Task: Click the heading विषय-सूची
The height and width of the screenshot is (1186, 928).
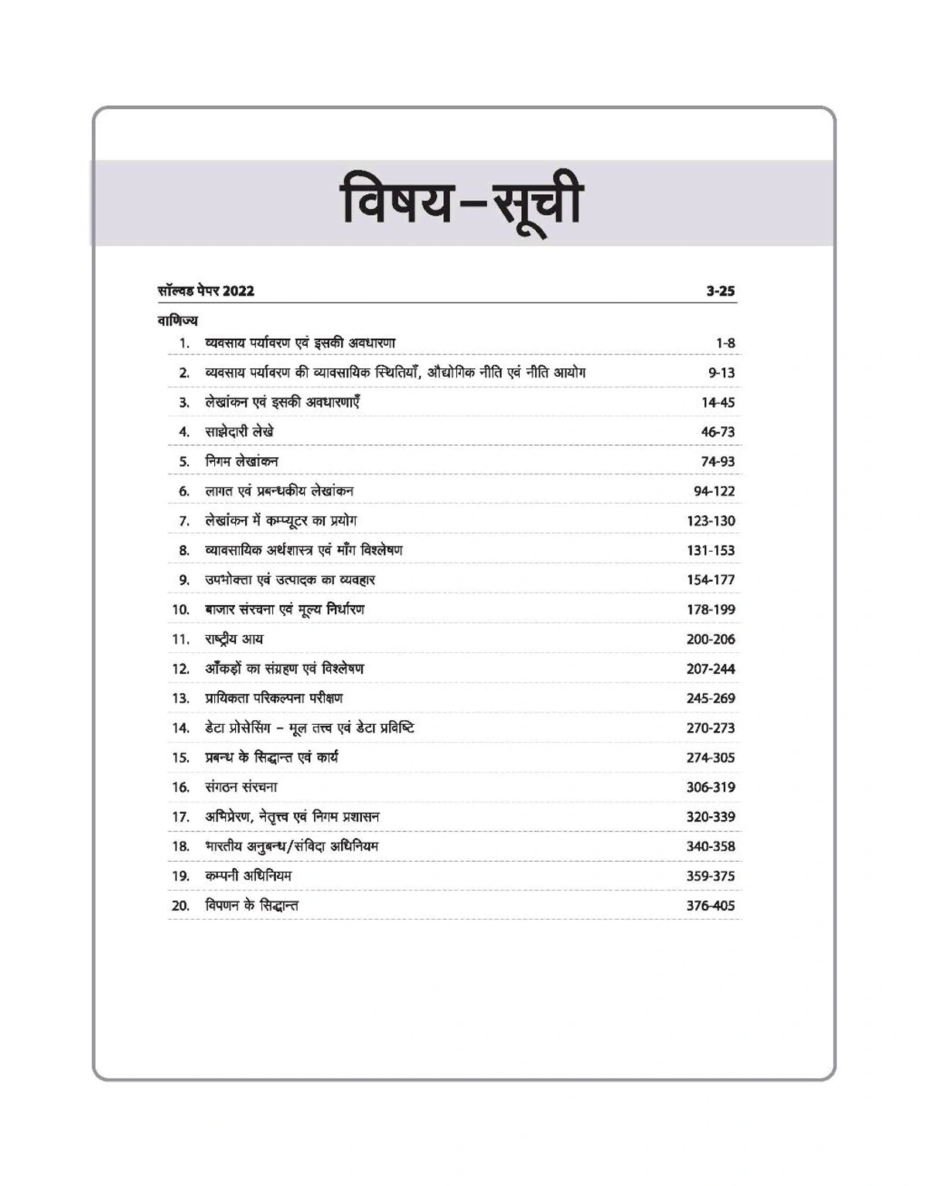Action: (x=462, y=203)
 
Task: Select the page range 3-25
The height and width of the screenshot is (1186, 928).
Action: (x=720, y=292)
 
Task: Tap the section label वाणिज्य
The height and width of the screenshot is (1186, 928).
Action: (x=177, y=320)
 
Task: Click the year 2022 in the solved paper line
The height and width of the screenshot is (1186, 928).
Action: (x=238, y=292)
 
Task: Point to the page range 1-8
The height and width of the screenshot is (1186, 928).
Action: (x=725, y=343)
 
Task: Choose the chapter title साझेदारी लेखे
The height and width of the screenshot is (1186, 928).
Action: (x=239, y=432)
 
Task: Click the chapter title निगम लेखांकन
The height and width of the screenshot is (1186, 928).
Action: (x=241, y=461)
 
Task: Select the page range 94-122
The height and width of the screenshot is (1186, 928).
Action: (x=714, y=491)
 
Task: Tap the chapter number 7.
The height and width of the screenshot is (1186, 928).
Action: (x=184, y=521)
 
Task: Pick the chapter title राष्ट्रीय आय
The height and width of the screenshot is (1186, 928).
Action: (x=234, y=639)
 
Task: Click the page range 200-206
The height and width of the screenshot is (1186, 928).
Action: (x=710, y=639)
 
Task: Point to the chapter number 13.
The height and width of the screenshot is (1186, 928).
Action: (x=180, y=698)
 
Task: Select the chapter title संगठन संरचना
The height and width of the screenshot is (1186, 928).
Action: (x=241, y=787)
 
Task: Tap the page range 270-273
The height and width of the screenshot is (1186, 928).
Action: (x=710, y=728)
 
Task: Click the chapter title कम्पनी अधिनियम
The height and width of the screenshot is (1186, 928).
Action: (x=248, y=876)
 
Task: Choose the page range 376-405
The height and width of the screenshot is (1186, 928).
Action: (x=710, y=905)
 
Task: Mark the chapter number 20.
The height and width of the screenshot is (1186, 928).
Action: (x=180, y=905)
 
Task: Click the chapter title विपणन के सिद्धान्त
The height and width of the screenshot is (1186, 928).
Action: (x=251, y=905)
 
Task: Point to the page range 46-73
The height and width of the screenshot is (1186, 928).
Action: (x=718, y=432)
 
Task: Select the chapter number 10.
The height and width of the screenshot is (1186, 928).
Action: (x=180, y=610)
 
